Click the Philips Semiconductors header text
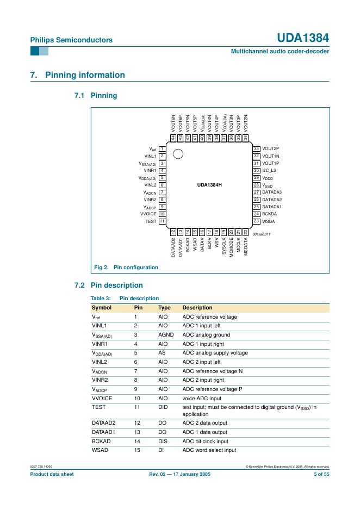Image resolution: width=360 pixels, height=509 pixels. (x=71, y=40)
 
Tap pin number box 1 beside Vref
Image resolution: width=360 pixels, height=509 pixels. (x=162, y=148)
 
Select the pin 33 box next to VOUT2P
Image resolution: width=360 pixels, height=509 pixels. (x=257, y=148)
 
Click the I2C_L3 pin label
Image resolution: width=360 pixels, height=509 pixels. (x=269, y=170)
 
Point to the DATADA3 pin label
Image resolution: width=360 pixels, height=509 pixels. (x=272, y=192)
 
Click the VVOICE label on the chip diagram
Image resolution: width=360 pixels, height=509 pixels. (x=148, y=214)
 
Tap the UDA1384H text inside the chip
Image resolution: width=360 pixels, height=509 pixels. (x=209, y=185)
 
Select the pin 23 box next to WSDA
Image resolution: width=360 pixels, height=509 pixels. (x=257, y=221)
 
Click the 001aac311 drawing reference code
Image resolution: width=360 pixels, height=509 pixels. (x=262, y=234)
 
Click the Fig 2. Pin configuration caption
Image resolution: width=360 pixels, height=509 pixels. (x=127, y=267)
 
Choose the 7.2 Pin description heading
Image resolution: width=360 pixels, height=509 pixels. (x=108, y=285)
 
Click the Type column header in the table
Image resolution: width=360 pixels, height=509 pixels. (x=164, y=308)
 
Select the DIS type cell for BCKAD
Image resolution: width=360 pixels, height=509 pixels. (x=163, y=442)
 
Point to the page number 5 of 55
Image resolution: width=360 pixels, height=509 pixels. (x=321, y=474)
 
